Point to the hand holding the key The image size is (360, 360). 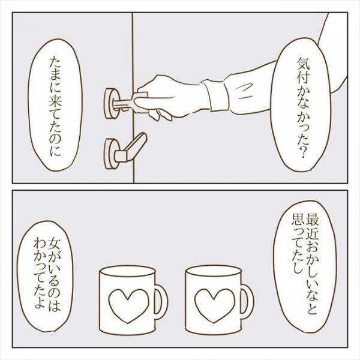[171, 97]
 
